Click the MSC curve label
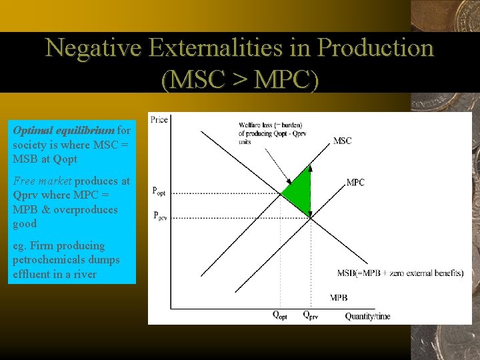342,141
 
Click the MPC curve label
355,182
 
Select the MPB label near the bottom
339,297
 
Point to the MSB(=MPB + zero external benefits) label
400,273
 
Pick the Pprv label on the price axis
159,216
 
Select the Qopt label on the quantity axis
280,316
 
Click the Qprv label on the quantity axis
310,316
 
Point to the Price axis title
159,120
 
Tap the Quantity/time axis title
367,316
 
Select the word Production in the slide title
375,48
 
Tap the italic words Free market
42,181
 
